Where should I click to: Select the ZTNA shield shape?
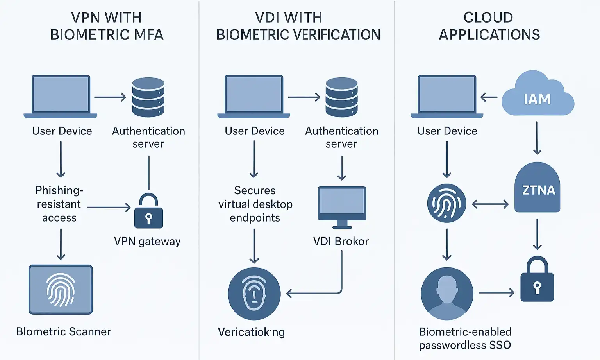pyautogui.click(x=537, y=188)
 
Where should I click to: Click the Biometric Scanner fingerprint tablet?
pyautogui.click(x=61, y=290)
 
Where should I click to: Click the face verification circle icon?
pyautogui.click(x=254, y=294)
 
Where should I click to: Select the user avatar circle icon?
pyautogui.click(x=447, y=293)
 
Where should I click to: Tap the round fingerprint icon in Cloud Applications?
pyautogui.click(x=446, y=203)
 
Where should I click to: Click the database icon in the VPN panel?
pyautogui.click(x=148, y=97)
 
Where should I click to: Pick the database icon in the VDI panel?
pyautogui.click(x=341, y=97)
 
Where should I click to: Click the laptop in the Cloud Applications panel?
pyautogui.click(x=447, y=96)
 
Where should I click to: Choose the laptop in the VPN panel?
pyautogui.click(x=61, y=96)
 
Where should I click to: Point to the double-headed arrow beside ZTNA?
pyautogui.click(x=490, y=204)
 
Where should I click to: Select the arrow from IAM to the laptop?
pyautogui.click(x=489, y=97)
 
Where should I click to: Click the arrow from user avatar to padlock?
pyautogui.click(x=496, y=292)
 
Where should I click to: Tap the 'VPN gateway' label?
pyautogui.click(x=147, y=241)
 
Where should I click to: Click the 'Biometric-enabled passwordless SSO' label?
pyautogui.click(x=465, y=338)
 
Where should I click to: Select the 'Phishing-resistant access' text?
pyautogui.click(x=59, y=204)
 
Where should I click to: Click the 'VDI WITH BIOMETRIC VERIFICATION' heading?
pyautogui.click(x=298, y=26)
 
